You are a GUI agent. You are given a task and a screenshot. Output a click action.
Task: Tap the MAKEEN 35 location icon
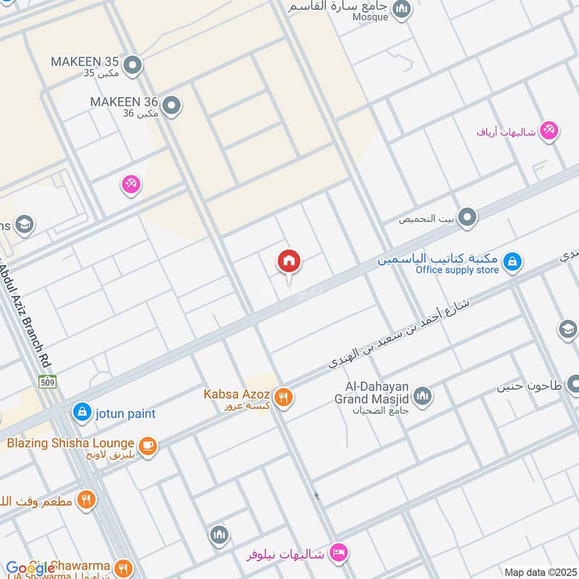click(x=132, y=67)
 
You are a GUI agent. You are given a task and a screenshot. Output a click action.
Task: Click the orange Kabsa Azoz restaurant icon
click(x=283, y=397)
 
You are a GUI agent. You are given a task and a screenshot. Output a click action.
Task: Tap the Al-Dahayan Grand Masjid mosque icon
click(x=422, y=396)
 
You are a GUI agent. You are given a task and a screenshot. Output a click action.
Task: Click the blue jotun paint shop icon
click(x=82, y=413)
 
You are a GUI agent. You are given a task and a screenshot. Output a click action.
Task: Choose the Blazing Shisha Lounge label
click(x=70, y=443)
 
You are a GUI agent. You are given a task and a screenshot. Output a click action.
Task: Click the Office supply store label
click(x=457, y=270)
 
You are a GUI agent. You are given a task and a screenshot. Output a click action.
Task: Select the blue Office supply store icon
click(x=512, y=261)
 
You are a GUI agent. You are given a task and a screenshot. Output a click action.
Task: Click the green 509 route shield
click(x=48, y=381)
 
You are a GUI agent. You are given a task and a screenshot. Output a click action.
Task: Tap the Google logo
click(x=30, y=568)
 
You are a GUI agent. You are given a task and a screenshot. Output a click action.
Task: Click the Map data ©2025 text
click(x=539, y=572)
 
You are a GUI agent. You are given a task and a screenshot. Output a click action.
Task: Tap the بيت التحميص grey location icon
click(x=468, y=216)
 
